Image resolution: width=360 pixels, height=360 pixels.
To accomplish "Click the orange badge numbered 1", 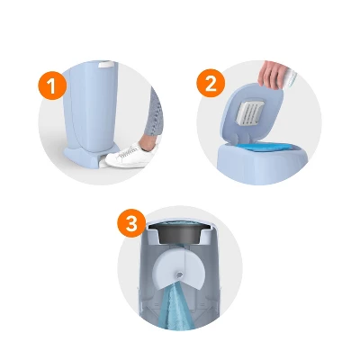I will (53, 86).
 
